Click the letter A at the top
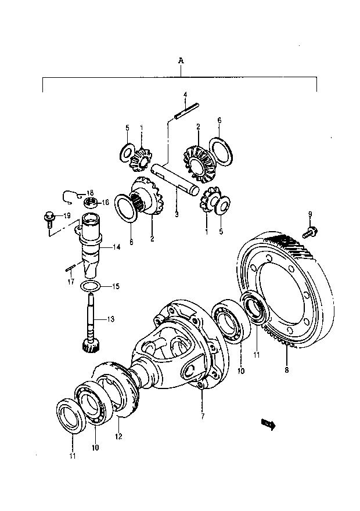click(181, 60)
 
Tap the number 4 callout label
click(185, 94)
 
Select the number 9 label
click(310, 214)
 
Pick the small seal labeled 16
click(90, 203)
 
